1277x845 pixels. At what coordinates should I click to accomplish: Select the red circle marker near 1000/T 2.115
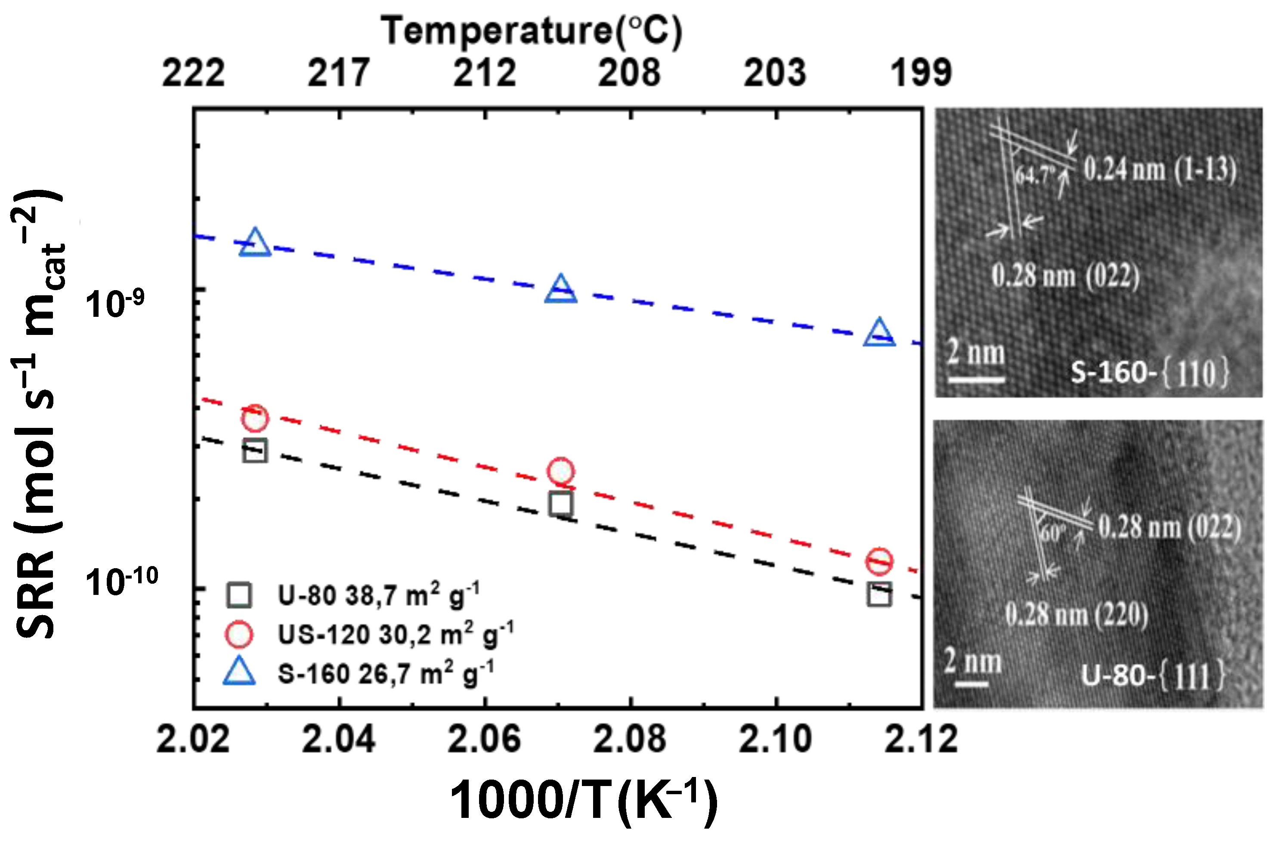tap(879, 561)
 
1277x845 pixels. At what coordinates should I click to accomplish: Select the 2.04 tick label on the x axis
tap(338, 738)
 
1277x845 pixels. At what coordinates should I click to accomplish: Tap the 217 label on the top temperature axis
tap(338, 73)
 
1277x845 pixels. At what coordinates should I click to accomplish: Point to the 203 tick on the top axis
tap(775, 73)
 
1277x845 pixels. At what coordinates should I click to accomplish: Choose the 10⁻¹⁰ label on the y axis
tap(122, 582)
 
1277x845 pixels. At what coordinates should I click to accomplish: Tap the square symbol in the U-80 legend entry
tap(239, 595)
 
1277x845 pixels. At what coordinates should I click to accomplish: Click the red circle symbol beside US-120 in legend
tap(239, 635)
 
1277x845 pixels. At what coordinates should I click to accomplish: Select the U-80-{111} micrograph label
tap(1153, 675)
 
